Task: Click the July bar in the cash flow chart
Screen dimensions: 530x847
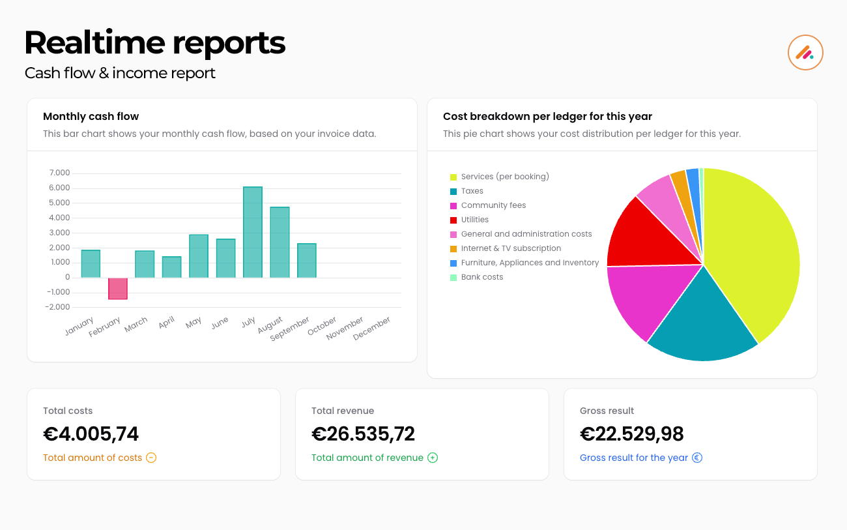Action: pyautogui.click(x=253, y=232)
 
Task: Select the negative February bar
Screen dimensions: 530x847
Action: pyautogui.click(x=117, y=288)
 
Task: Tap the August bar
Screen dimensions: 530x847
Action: pyautogui.click(x=280, y=243)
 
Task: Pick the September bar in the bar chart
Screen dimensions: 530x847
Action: pyautogui.click(x=307, y=261)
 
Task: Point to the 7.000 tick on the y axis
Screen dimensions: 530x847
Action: pyautogui.click(x=59, y=173)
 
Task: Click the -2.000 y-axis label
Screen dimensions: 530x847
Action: pyautogui.click(x=59, y=307)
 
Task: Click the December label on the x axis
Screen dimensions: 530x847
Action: pyautogui.click(x=372, y=329)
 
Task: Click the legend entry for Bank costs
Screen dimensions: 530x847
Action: pyautogui.click(x=481, y=277)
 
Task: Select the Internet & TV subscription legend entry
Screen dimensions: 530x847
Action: pyautogui.click(x=511, y=248)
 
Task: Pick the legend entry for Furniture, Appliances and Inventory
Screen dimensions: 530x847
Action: pyautogui.click(x=529, y=263)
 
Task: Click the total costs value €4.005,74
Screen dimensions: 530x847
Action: pyautogui.click(x=91, y=434)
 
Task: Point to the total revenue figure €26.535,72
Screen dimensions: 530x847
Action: pyautogui.click(x=363, y=434)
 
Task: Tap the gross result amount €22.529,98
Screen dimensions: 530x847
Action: pyautogui.click(x=631, y=434)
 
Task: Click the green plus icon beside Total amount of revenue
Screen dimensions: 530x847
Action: pyautogui.click(x=433, y=458)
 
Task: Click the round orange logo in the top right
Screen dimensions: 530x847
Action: pyautogui.click(x=805, y=52)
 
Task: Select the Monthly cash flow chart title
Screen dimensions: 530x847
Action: pyautogui.click(x=91, y=117)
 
